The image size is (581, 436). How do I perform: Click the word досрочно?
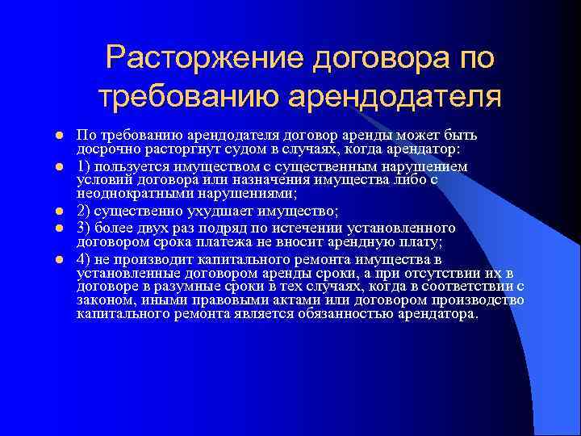pyautogui.click(x=105, y=150)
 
